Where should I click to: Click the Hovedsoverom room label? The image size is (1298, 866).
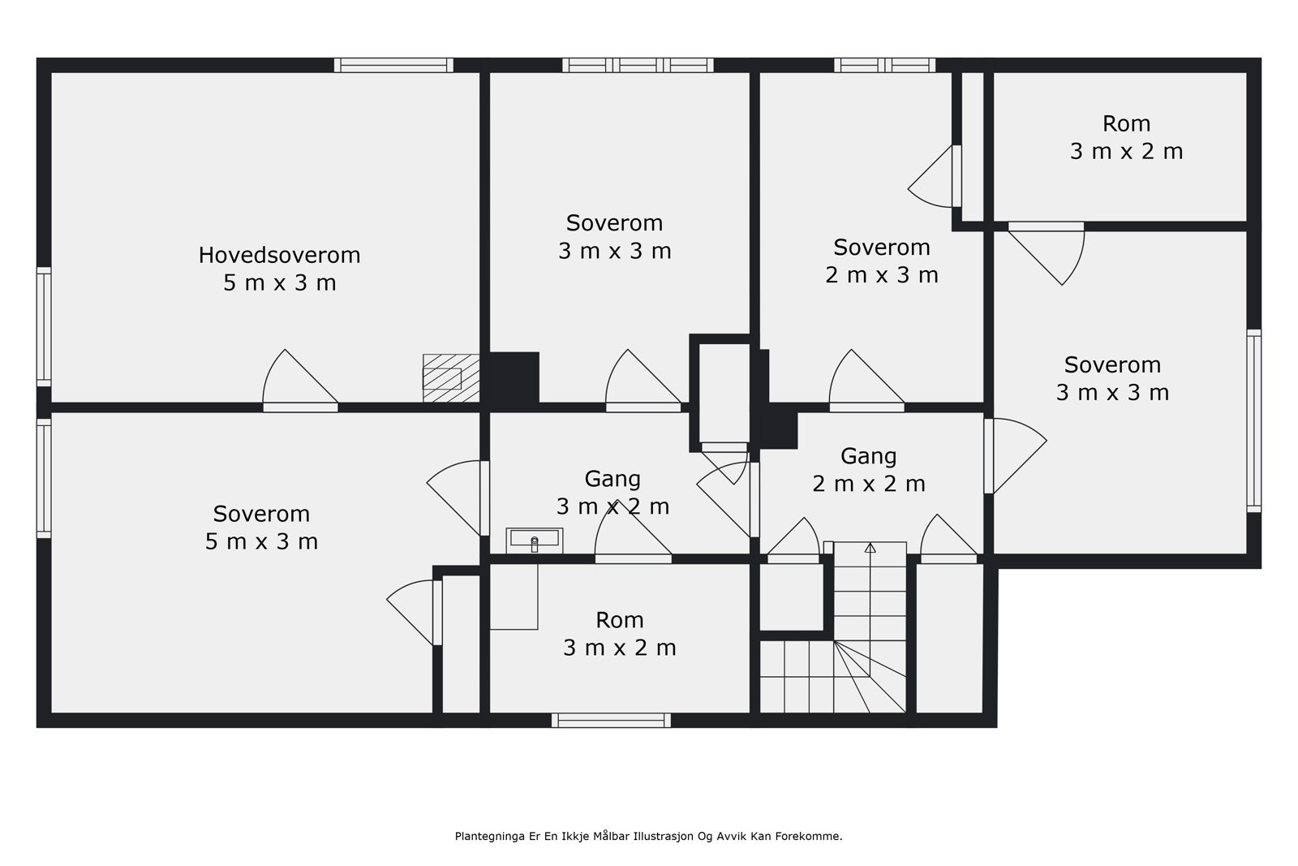(x=279, y=269)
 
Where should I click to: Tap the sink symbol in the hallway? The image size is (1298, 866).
(x=535, y=541)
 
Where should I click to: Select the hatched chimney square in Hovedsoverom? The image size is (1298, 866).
(x=451, y=378)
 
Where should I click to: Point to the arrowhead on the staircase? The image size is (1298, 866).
(x=870, y=547)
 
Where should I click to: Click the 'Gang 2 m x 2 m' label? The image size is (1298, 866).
(x=869, y=469)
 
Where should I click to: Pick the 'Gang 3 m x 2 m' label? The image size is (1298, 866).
(x=612, y=493)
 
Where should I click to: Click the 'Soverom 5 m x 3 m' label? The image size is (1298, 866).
(x=261, y=528)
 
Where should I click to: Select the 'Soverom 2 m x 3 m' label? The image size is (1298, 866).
(x=881, y=261)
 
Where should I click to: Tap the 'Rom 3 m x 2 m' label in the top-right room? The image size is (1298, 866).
(x=1126, y=137)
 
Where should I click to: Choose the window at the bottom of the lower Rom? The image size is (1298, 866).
(x=612, y=721)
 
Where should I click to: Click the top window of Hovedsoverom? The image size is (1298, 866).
(x=393, y=65)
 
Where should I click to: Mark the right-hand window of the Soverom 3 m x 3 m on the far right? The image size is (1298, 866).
(x=1253, y=421)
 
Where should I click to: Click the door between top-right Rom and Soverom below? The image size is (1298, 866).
(x=1046, y=252)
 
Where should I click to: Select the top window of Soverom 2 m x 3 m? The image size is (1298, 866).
(x=884, y=65)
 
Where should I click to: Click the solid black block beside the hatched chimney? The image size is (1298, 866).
(x=514, y=377)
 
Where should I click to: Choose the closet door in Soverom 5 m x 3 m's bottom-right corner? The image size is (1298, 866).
(x=415, y=612)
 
